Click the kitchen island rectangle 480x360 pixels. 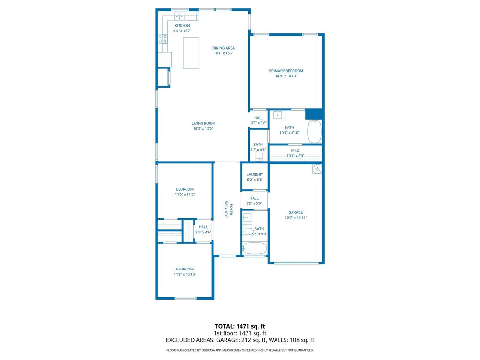pos(191,53)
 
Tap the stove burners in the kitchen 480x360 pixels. pos(163,39)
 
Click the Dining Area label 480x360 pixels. pos(224,48)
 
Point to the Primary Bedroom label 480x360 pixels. pos(285,71)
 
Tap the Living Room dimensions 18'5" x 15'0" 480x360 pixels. pos(203,129)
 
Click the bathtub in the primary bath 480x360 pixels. pos(314,131)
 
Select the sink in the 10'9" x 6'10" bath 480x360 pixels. pos(278,115)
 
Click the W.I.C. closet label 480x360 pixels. pos(295,150)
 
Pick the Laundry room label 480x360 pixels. pos(255,175)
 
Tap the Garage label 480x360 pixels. pos(295,212)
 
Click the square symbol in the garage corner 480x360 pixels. pos(317,169)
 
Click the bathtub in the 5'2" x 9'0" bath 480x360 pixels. pos(255,248)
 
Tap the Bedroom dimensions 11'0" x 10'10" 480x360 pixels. pos(185,274)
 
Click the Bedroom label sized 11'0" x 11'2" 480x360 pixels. pos(185,189)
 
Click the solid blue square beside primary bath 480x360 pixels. pos(314,114)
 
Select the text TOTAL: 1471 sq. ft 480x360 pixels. pos(240,326)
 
